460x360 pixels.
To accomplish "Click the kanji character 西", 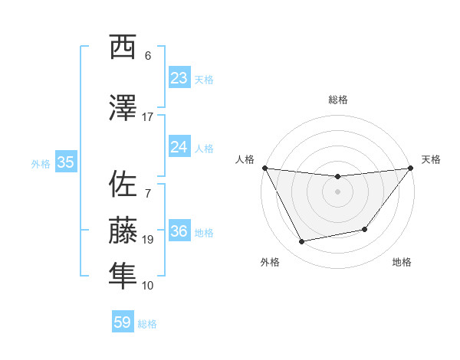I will coord(123,47).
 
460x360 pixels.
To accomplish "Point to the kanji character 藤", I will coord(123,231).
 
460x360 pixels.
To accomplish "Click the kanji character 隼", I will coord(123,277).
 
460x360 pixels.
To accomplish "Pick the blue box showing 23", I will coord(179,78).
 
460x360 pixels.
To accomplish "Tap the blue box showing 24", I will coord(179,147).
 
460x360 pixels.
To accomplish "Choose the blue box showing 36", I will coord(179,231).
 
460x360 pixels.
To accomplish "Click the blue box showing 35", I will coord(65,162).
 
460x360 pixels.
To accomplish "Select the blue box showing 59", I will coord(123,322).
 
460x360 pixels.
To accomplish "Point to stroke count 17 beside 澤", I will coord(148,117).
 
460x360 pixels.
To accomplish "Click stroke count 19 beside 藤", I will coord(148,240).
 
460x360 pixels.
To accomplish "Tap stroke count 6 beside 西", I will coord(148,56).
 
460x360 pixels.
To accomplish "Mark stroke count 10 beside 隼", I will coord(148,286).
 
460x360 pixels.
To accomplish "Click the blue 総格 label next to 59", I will coord(147,324).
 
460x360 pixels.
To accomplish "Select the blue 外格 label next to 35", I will coord(41,163).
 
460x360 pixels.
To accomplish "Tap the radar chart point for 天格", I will coord(410,168).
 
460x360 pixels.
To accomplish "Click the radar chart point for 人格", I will coord(264,168).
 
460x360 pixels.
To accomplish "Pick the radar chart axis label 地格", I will coord(402,263).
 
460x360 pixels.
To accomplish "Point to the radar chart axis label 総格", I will coord(337,100).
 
